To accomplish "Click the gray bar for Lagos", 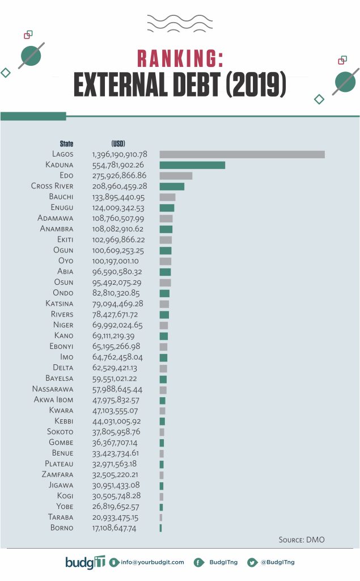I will pyautogui.click(x=242, y=154).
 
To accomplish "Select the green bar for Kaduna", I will pyautogui.click(x=192, y=165).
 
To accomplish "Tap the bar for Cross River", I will pyautogui.click(x=172, y=186).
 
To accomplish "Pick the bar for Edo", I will pyautogui.click(x=176, y=176).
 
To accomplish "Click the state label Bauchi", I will pyautogui.click(x=61, y=197).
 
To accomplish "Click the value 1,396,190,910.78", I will pyautogui.click(x=120, y=154).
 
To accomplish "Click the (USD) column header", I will pyautogui.click(x=118, y=144).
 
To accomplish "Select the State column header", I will pyautogui.click(x=66, y=144).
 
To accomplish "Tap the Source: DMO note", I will pyautogui.click(x=302, y=540).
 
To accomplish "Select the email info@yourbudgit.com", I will pyautogui.click(x=151, y=562).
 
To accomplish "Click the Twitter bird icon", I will pyautogui.click(x=251, y=562).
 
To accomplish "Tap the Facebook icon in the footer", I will pyautogui.click(x=198, y=562).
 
